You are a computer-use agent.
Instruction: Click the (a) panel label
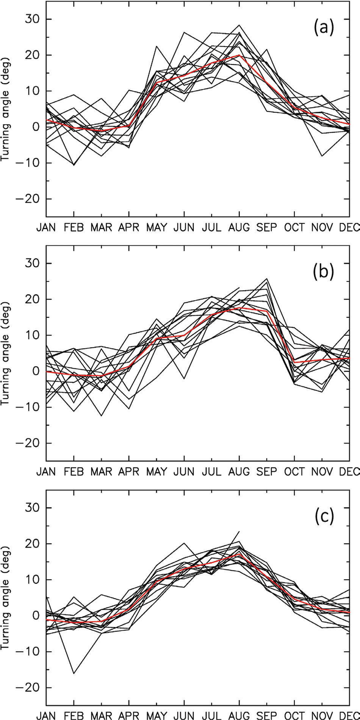pos(323,28)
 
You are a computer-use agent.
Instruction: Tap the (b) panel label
pos(323,272)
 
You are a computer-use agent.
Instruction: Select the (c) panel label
pos(323,517)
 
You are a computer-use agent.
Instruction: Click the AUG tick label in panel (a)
pos(239,227)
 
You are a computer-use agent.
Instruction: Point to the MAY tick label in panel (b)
pos(157,471)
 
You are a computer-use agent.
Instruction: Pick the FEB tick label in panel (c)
pos(74,715)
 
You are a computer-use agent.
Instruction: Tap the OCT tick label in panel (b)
pos(294,471)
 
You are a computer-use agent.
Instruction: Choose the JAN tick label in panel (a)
pos(46,227)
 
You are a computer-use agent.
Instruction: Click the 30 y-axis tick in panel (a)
pos(33,19)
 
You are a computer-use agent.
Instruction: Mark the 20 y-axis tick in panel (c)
pos(33,543)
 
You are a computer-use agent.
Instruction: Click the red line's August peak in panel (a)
pos(239,55)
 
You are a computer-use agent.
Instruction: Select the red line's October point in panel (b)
pos(294,362)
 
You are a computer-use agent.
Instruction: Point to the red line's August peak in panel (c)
pos(239,554)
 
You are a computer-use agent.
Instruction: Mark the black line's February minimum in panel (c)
pos(74,673)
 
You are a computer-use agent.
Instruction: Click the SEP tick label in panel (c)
pos(267,715)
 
